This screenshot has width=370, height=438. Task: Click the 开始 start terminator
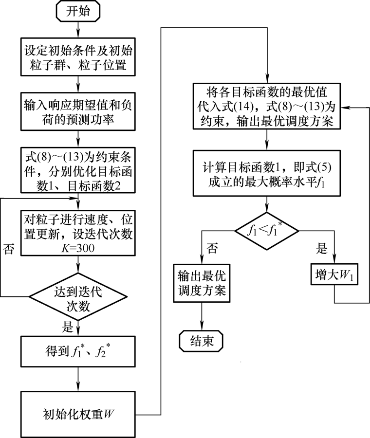pos(78,11)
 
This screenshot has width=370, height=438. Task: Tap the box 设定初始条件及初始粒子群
pos(78,57)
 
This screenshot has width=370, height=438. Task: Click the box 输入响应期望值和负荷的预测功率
pos(78,112)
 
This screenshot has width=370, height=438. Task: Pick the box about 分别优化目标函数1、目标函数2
pos(78,168)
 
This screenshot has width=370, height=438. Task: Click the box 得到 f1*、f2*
pos(78,351)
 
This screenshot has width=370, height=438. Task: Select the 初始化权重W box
pos(78,414)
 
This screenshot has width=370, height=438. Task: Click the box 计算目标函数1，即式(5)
pos(267,173)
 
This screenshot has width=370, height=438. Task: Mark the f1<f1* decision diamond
pos(266,231)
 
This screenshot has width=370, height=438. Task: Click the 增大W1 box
pos(334,275)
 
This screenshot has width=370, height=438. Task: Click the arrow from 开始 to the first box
pos(78,29)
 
